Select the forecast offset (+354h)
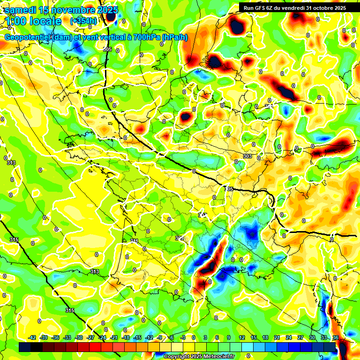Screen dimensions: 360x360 point(83,21)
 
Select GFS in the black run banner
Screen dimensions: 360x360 point(265,7)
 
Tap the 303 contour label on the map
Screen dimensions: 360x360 point(247,156)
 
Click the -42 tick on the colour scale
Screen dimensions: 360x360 point(32,337)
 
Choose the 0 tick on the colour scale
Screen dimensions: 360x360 point(194,337)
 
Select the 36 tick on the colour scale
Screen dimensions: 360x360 point(335,337)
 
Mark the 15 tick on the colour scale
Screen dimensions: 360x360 point(253,337)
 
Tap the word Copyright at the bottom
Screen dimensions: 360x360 point(177,357)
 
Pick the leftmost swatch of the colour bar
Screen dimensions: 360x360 point(25,347)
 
